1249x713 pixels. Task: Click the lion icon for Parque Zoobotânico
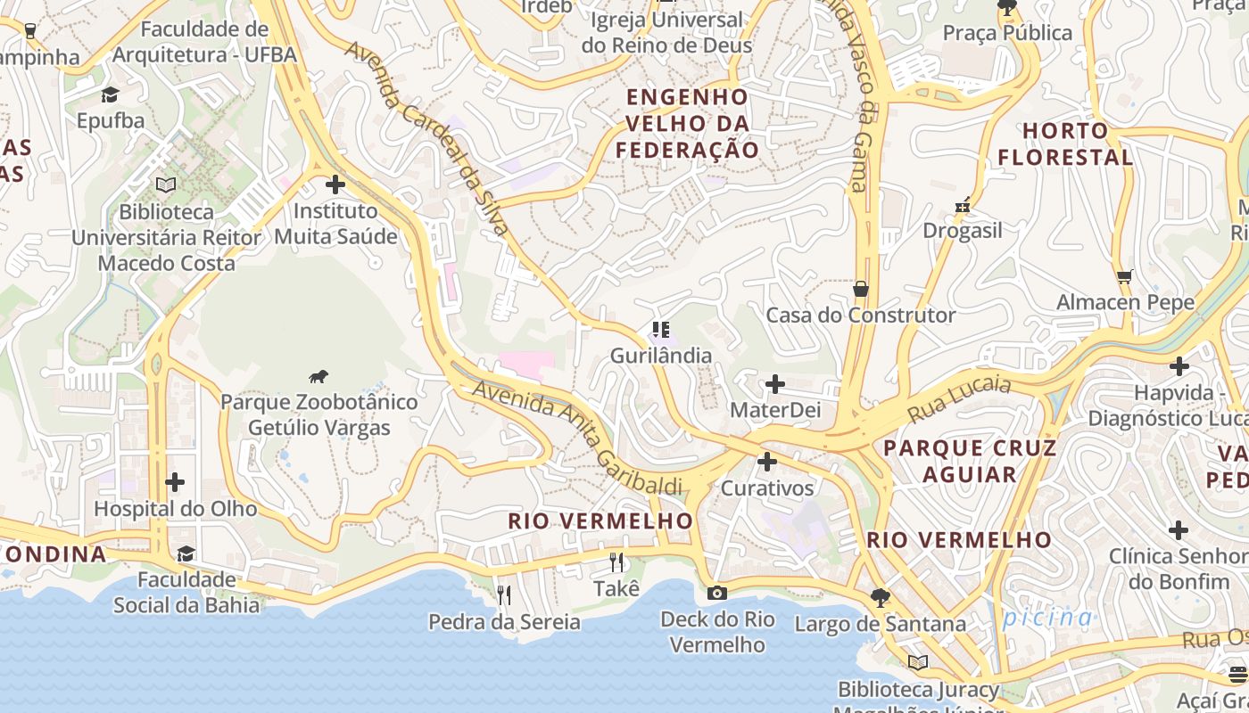point(318,376)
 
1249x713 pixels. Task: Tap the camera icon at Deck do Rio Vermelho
point(715,594)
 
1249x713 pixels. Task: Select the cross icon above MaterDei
point(775,384)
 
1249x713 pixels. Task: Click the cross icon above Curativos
point(766,462)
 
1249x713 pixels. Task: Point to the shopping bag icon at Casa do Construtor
point(861,289)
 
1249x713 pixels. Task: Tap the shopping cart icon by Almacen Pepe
point(1124,276)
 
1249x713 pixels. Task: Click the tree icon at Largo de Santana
point(881,598)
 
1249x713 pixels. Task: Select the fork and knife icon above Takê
point(616,562)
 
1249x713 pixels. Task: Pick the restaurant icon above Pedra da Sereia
point(504,594)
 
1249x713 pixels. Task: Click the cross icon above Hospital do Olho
point(175,482)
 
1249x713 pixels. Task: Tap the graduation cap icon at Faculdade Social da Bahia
point(186,554)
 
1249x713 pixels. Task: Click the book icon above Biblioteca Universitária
point(166,185)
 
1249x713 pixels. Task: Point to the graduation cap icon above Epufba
point(110,94)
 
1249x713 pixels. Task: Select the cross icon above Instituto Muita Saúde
point(335,184)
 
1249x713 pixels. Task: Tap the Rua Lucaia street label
point(959,398)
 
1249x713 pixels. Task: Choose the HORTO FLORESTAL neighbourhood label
point(1065,144)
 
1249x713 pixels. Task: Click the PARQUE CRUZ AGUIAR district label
point(970,461)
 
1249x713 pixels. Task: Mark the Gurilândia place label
point(661,356)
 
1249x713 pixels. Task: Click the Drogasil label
point(963,231)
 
